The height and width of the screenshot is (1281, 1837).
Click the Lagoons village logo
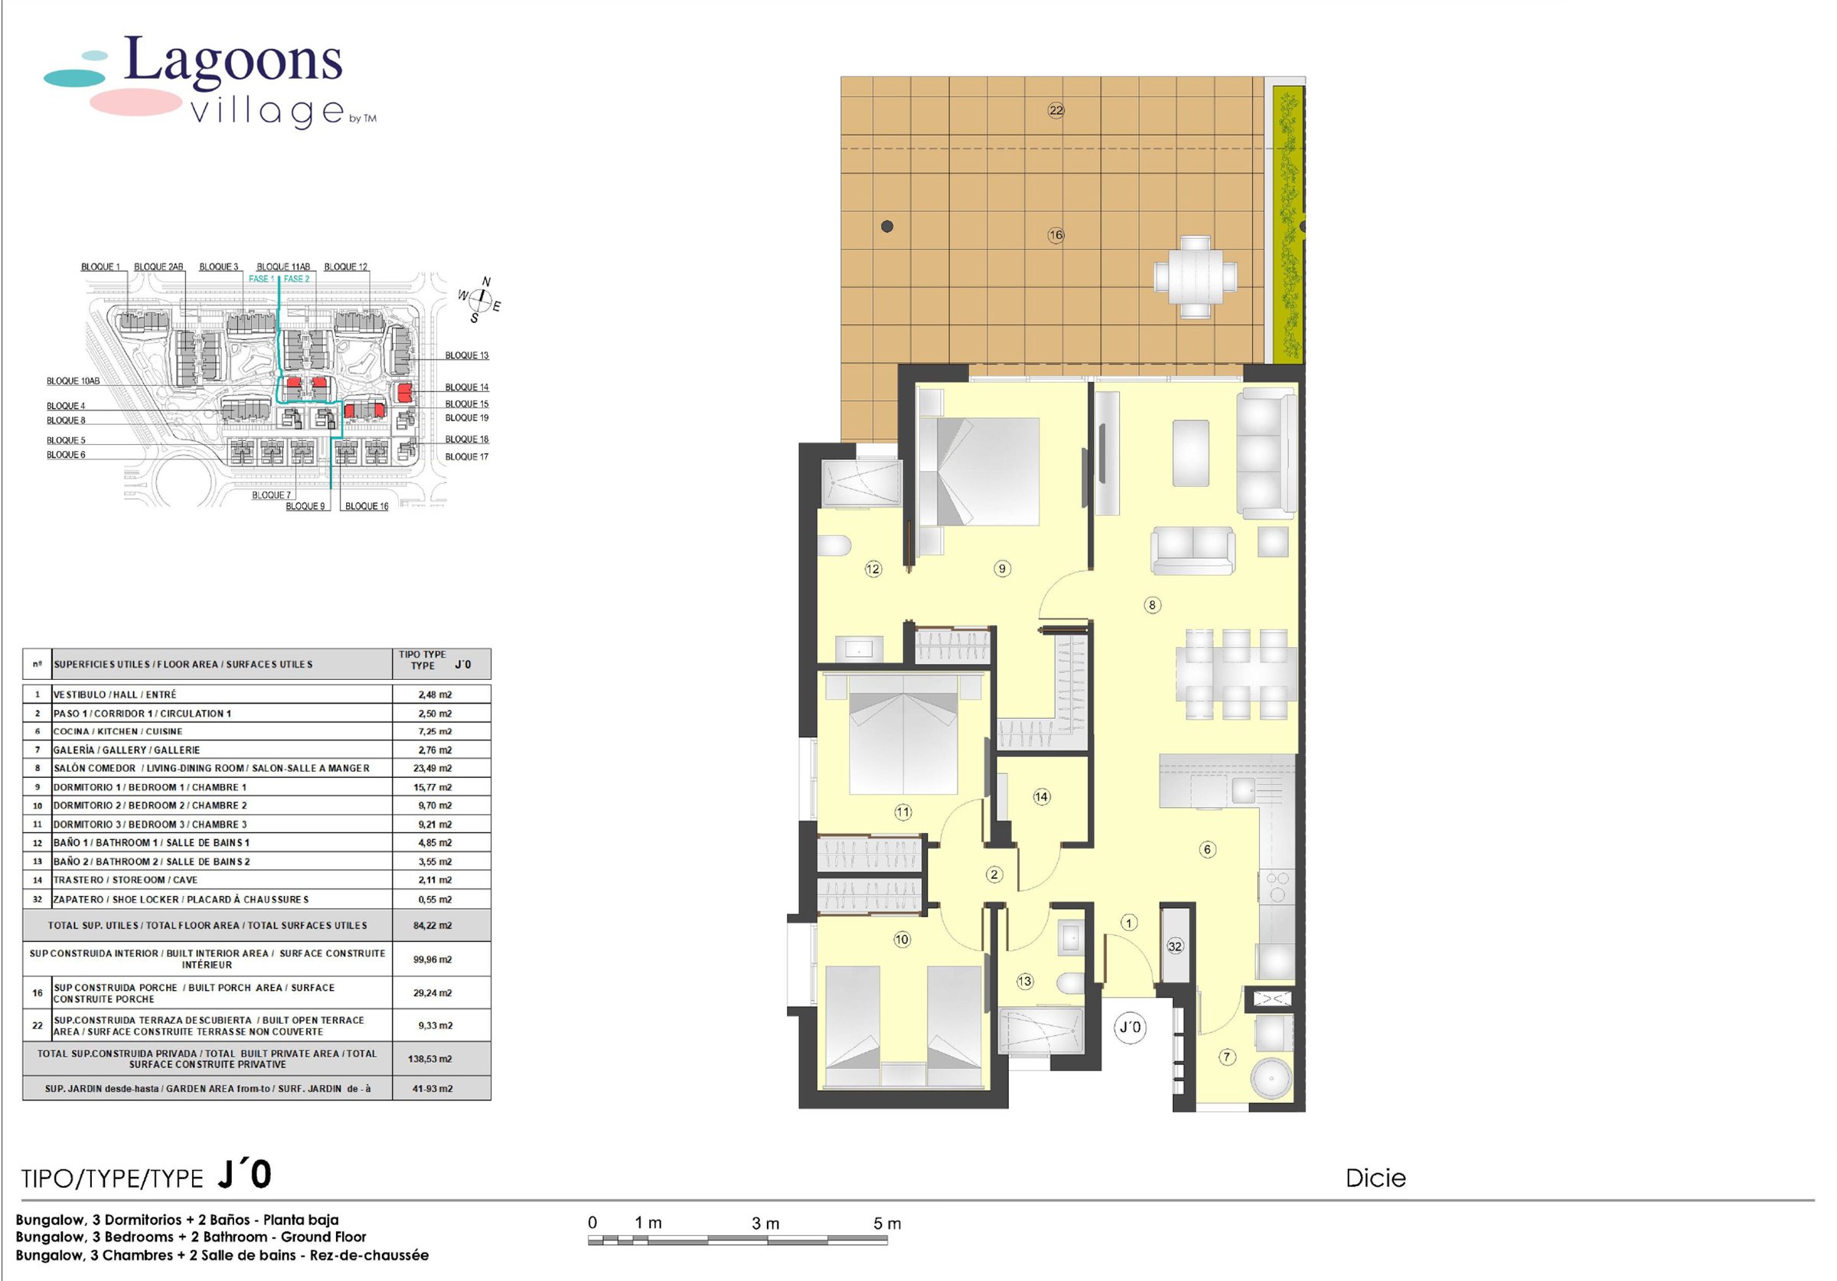[x=210, y=81]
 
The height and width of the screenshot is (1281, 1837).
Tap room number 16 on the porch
[x=1056, y=235]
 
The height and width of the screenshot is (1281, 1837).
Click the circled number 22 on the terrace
[x=1056, y=110]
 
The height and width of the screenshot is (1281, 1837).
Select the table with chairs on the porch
[x=1195, y=277]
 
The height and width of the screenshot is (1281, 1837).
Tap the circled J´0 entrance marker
[x=1130, y=1027]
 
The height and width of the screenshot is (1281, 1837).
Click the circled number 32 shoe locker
[x=1174, y=946]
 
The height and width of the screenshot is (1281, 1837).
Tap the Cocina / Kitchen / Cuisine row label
[x=118, y=731]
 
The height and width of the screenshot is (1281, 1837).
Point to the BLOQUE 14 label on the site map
[x=466, y=387]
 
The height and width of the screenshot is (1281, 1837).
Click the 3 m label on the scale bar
[x=765, y=1224]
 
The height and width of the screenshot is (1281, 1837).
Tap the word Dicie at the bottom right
[x=1375, y=1178]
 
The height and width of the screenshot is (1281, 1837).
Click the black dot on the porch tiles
[x=886, y=227]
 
